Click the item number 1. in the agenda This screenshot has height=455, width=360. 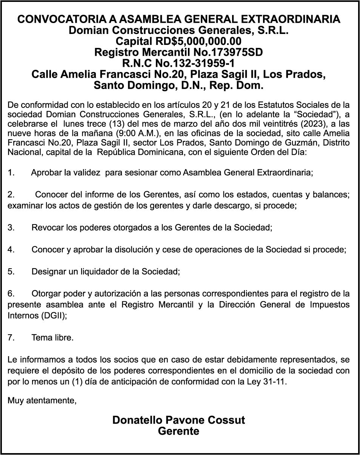(11, 173)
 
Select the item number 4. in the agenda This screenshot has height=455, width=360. (11, 249)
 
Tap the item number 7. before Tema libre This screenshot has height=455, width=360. (11, 338)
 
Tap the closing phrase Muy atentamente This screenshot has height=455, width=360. (42, 400)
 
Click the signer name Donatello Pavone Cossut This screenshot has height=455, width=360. (178, 420)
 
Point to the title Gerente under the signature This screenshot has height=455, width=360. (178, 431)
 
